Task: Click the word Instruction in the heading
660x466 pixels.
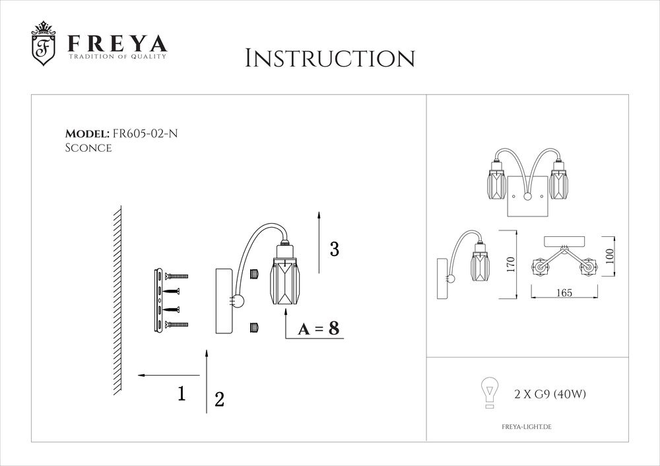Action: click(x=329, y=58)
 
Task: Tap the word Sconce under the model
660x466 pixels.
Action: click(x=88, y=149)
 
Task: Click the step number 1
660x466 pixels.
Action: click(x=181, y=393)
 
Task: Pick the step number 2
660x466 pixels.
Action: click(x=220, y=399)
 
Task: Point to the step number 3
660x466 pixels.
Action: click(x=335, y=250)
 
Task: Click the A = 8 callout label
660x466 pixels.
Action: click(x=318, y=329)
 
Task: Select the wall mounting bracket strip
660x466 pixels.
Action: click(x=158, y=300)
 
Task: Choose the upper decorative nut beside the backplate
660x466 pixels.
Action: click(x=253, y=273)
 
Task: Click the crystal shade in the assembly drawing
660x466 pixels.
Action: click(x=285, y=284)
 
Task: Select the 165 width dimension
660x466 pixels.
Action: click(x=563, y=293)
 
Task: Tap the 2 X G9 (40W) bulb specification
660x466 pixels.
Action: click(x=550, y=395)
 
